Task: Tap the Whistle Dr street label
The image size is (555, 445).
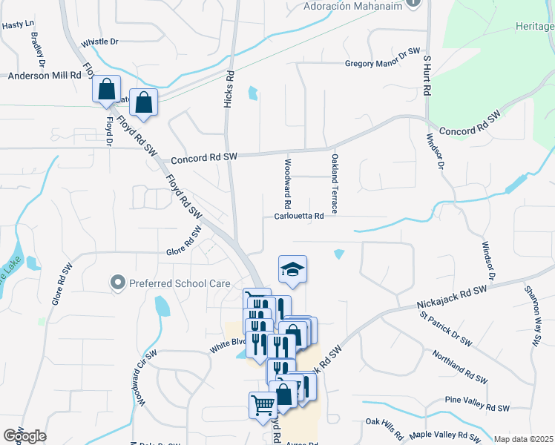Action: click(99, 42)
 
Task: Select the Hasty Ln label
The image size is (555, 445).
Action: click(19, 24)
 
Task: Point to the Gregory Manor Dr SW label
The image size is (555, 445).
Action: click(383, 64)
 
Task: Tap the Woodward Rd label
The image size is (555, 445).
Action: click(287, 183)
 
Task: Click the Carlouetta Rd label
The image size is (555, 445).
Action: click(299, 217)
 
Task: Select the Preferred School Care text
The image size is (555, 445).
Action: click(172, 283)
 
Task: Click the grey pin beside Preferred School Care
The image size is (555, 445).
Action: click(116, 282)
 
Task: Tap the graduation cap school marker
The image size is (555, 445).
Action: click(292, 268)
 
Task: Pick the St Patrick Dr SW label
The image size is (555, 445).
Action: click(445, 329)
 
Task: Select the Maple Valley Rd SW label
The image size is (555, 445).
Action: click(450, 435)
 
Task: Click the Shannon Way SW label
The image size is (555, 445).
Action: click(534, 316)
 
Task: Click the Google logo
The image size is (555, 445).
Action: click(24, 435)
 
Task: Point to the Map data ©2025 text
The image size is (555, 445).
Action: click(523, 439)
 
